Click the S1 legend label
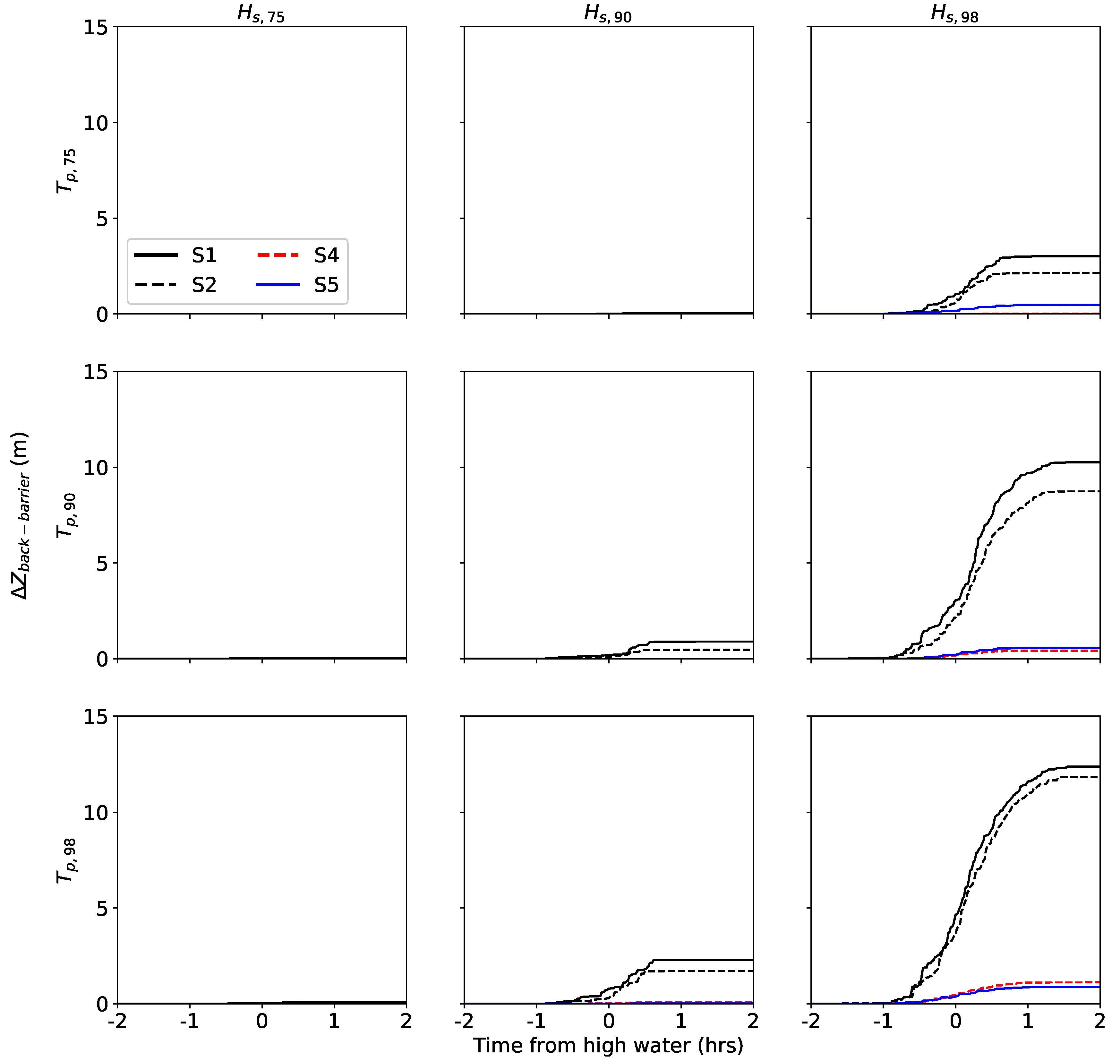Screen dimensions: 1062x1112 pos(204,255)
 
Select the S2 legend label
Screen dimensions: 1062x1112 pos(204,285)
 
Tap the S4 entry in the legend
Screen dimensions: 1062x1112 pos(327,255)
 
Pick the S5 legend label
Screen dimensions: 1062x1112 pos(327,285)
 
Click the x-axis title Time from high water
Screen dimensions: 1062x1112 pos(608,1045)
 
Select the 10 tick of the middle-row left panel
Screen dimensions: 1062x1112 pos(96,468)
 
